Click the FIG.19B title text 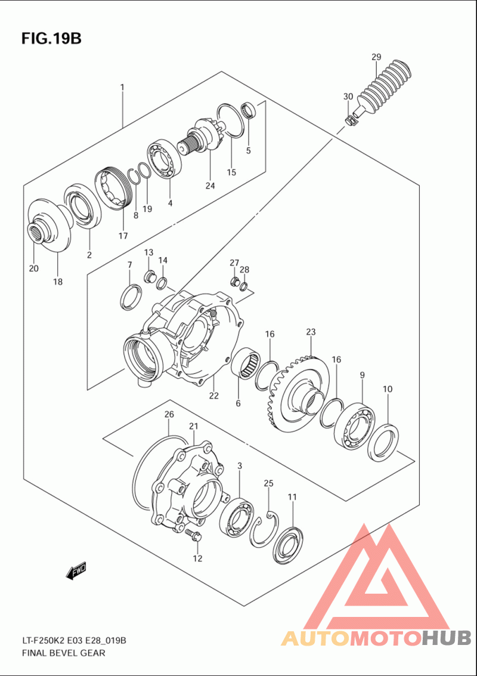51,39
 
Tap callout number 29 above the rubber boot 376,57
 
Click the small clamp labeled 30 351,119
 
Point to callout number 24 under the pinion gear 210,186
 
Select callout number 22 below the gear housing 213,395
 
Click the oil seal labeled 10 383,441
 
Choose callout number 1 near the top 122,88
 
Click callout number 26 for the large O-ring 169,414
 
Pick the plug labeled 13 151,276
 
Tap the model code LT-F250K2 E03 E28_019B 74,640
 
